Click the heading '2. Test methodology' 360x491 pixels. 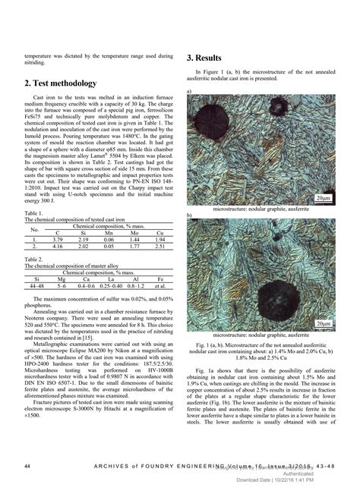click(x=61, y=83)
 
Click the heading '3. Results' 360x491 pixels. click(x=204, y=58)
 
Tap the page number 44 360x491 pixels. click(x=28, y=464)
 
